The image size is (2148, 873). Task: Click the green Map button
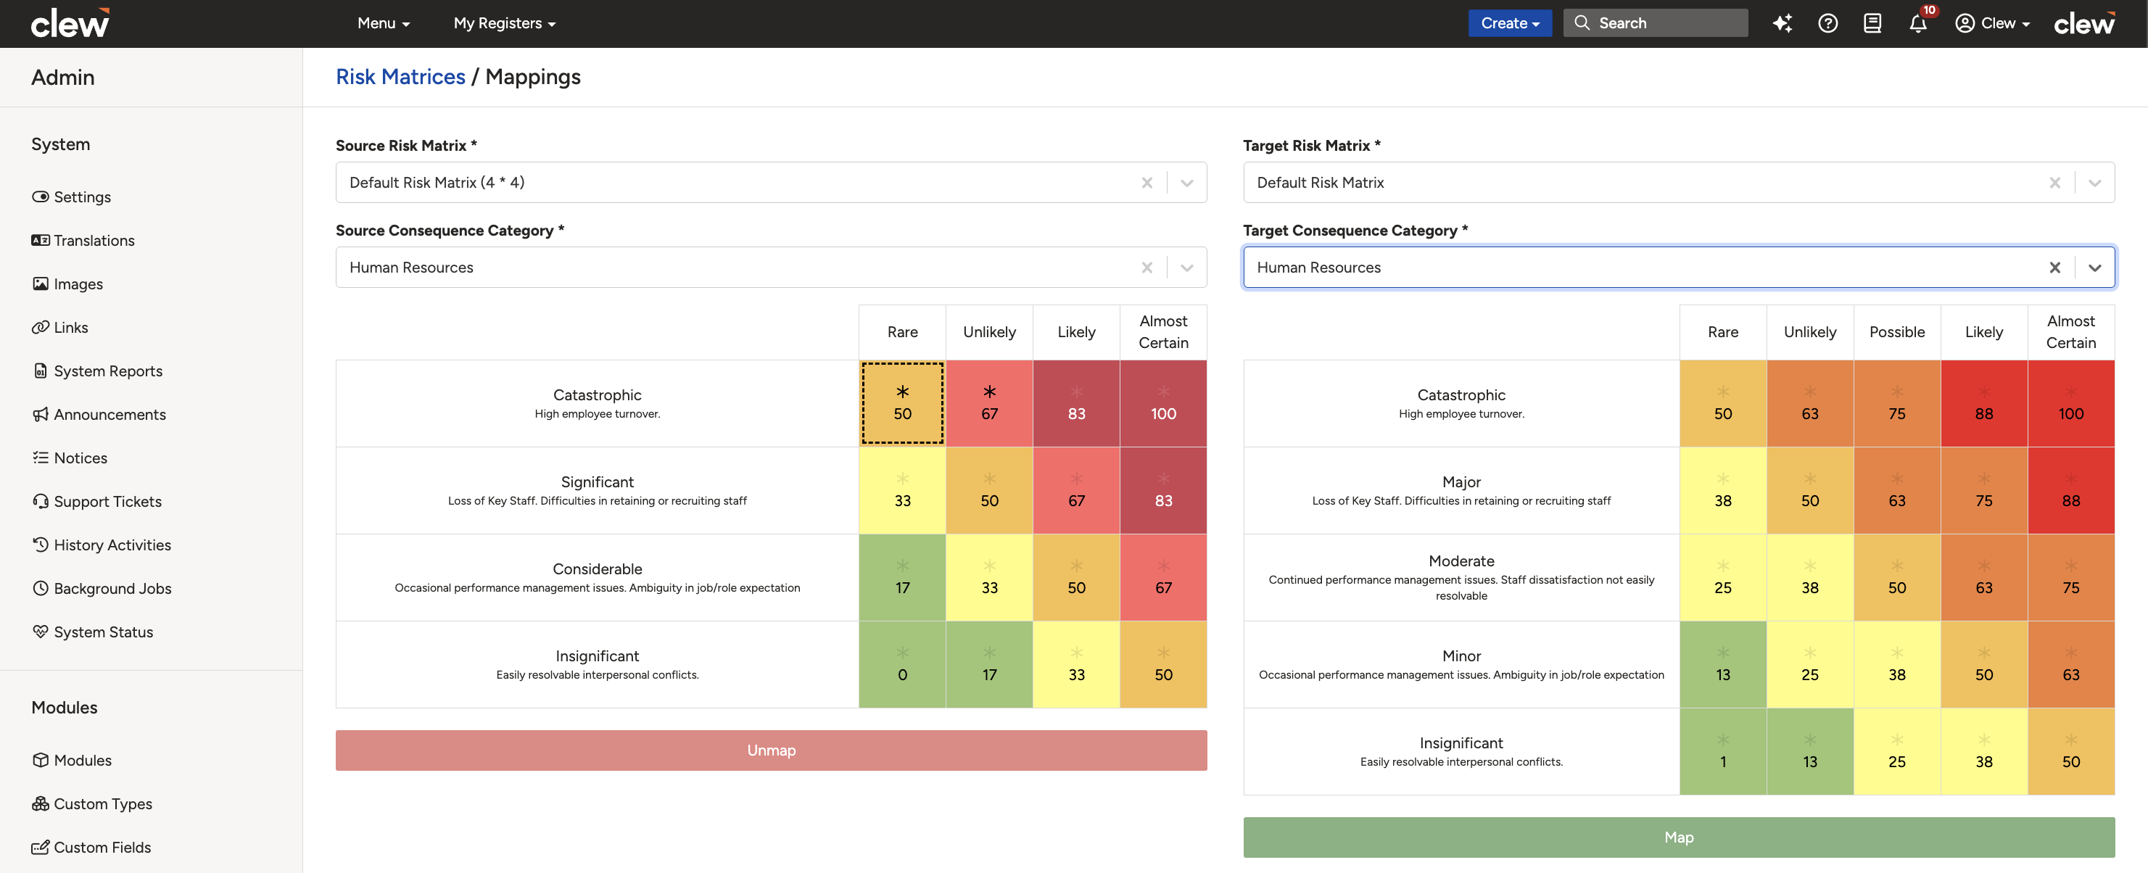pos(1679,837)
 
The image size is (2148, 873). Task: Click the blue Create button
pos(1509,23)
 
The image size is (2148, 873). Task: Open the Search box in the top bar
pos(1655,23)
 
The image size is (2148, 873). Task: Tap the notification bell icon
pos(1918,23)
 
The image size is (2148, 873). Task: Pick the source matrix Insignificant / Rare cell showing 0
pos(902,665)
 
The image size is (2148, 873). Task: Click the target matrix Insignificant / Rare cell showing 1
pos(1723,751)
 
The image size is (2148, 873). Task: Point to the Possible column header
pos(1897,332)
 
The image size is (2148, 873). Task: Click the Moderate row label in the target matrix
pos(1461,561)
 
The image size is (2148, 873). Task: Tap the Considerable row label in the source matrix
pos(597,568)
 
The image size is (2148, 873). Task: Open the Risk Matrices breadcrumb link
pos(400,77)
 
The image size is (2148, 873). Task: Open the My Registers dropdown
pos(505,23)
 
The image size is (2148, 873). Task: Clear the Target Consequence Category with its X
pos(2054,268)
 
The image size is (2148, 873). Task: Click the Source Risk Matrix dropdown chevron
pos(1186,183)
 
